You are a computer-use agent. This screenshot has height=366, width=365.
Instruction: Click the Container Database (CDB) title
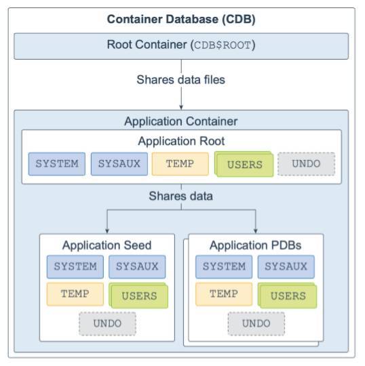[x=181, y=20]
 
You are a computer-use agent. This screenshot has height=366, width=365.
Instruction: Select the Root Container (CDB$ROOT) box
[x=181, y=45]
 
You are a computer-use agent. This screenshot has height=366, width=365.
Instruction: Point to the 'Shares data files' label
[x=181, y=79]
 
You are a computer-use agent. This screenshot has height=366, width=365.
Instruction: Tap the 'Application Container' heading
[x=181, y=121]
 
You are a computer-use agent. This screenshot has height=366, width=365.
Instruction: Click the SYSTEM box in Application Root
[x=57, y=164]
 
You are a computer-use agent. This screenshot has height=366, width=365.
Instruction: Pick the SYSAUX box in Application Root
[x=119, y=164]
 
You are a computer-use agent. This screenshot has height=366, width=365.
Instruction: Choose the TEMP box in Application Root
[x=180, y=164]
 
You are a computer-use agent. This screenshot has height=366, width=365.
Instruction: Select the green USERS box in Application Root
[x=244, y=165]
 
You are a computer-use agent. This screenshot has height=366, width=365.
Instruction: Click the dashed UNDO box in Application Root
[x=306, y=164]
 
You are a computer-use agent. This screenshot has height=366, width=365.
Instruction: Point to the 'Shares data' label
[x=181, y=197]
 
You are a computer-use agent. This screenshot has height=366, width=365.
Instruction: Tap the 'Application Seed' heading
[x=107, y=245]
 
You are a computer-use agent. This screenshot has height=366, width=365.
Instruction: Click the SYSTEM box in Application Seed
[x=75, y=266]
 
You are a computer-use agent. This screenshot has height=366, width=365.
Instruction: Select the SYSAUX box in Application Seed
[x=136, y=266]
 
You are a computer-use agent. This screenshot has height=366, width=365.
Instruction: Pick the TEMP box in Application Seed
[x=75, y=293]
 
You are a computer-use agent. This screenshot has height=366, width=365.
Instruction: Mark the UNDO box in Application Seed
[x=107, y=323]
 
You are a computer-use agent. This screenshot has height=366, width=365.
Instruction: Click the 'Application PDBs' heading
[x=255, y=245]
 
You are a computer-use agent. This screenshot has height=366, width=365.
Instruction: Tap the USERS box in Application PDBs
[x=287, y=296]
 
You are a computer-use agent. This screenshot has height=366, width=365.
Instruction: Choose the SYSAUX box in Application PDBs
[x=286, y=266]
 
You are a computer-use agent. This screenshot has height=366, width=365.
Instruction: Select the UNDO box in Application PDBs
[x=256, y=323]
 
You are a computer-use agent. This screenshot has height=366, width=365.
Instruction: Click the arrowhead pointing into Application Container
[x=181, y=106]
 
